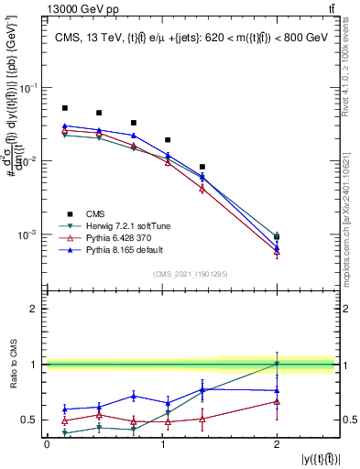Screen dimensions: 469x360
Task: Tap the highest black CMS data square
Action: (64, 108)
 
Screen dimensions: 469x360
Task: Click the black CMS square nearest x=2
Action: (277, 236)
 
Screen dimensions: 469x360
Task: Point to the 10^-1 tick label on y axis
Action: (29, 88)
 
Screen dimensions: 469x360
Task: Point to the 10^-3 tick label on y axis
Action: (29, 235)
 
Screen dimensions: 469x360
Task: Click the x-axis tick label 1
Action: (161, 444)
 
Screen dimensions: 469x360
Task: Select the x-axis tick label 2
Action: (277, 444)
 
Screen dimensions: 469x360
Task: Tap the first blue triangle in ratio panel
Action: (64, 409)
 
